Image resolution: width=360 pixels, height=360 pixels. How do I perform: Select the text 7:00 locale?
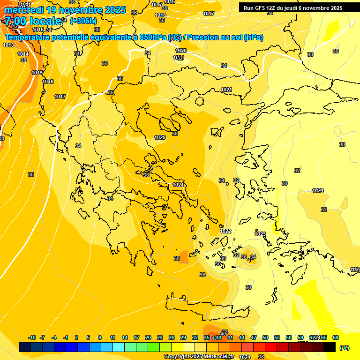click(x=33, y=21)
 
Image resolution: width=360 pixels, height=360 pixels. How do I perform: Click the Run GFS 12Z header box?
click(x=293, y=8)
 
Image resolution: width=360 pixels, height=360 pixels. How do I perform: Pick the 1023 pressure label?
click(x=260, y=234)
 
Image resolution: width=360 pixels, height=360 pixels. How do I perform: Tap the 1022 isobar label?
click(x=225, y=231)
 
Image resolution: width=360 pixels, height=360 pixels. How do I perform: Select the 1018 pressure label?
click(x=160, y=15)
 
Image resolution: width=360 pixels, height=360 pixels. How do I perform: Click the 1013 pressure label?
click(x=8, y=45)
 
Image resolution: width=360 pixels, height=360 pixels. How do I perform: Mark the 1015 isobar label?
click(x=37, y=73)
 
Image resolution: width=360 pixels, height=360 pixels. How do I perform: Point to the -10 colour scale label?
click(x=32, y=337)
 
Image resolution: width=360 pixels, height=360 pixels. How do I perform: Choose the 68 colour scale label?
click(x=335, y=337)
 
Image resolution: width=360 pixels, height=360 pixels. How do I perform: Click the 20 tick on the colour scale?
click(x=148, y=337)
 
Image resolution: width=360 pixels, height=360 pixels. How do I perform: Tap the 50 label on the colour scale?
click(x=265, y=337)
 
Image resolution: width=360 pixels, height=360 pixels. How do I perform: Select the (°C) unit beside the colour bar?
click(x=344, y=348)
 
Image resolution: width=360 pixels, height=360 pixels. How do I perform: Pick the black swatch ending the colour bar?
click(x=330, y=347)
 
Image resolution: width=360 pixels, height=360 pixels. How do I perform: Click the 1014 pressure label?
click(x=23, y=54)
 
